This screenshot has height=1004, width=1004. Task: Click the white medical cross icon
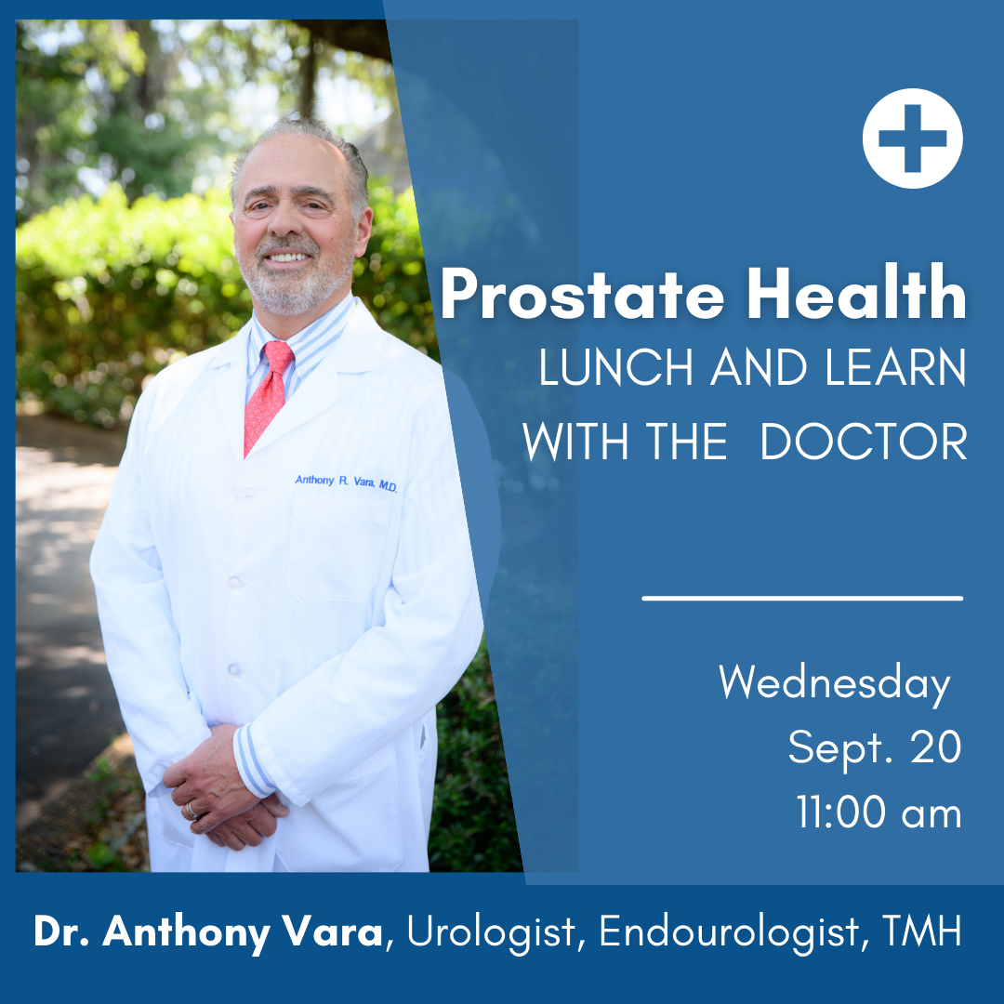[912, 139]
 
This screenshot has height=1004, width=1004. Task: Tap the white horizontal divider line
[802, 599]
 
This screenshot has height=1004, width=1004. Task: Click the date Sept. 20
[874, 748]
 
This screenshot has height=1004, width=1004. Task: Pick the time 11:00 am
[878, 813]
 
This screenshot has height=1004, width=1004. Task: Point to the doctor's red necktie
[269, 390]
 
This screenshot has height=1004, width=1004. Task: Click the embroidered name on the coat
[346, 482]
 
